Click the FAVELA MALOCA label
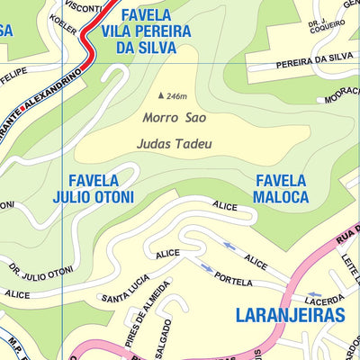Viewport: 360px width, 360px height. (280, 188)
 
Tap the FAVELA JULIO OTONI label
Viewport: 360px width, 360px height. (94, 188)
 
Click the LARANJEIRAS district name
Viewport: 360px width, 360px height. (290, 315)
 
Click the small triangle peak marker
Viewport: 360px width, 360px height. (161, 95)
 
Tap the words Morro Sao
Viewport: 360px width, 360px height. (167, 117)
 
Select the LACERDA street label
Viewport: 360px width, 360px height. (324, 301)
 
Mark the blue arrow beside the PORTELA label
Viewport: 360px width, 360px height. (206, 267)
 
